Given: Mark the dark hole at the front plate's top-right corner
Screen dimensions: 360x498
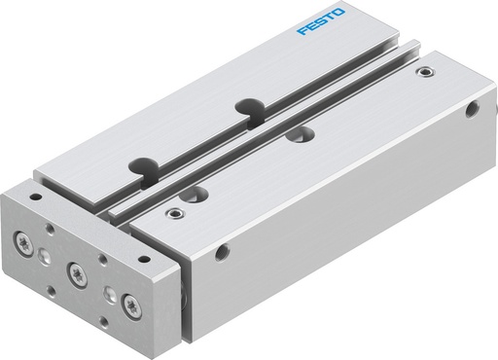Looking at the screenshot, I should point(144,261).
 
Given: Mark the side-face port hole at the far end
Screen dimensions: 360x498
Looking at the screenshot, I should point(475,111).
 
